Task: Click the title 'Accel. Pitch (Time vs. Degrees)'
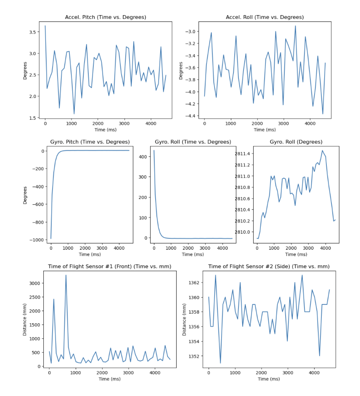coord(105,17)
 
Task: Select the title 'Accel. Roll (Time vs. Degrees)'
coord(265,17)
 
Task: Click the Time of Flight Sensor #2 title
coord(269,266)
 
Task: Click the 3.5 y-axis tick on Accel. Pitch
coord(32,32)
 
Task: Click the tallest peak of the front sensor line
coord(66,275)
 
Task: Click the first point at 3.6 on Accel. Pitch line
coord(45,26)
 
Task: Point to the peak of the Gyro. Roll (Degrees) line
coord(323,150)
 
